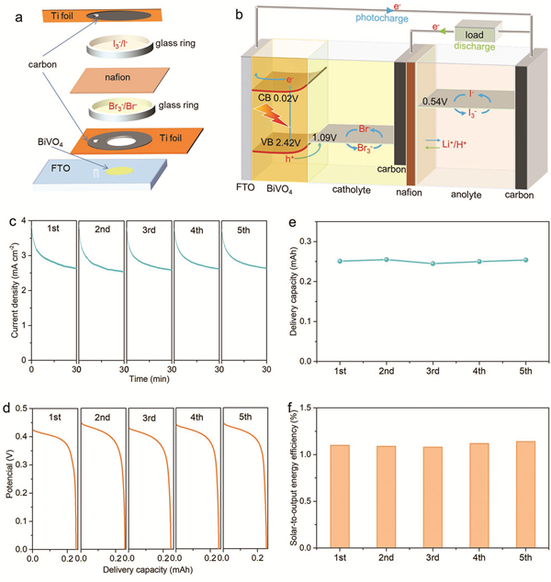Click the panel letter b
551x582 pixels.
click(242, 14)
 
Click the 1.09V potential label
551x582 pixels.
click(326, 138)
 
